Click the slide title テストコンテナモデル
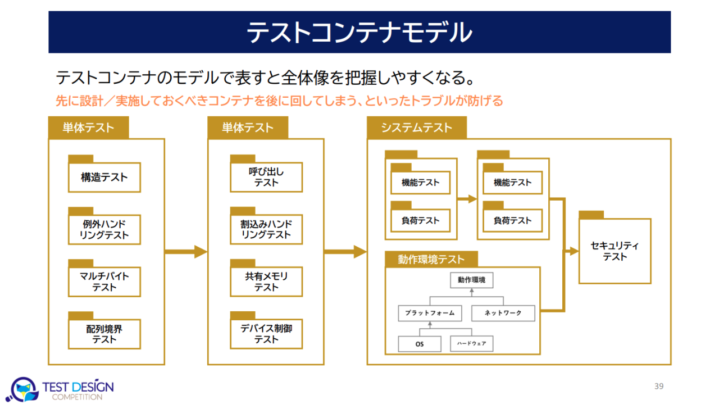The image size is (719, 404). (x=359, y=33)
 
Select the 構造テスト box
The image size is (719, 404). (x=104, y=178)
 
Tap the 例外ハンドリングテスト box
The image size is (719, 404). (x=104, y=230)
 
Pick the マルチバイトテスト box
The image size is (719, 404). (x=104, y=282)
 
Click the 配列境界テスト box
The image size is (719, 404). (x=104, y=334)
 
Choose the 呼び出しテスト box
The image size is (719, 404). (x=266, y=178)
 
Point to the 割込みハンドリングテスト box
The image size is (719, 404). (x=266, y=230)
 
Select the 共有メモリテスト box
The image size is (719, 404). (x=266, y=282)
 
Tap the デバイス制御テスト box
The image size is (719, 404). (x=266, y=334)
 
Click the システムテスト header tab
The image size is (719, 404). (x=416, y=128)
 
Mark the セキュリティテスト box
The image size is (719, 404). (x=615, y=251)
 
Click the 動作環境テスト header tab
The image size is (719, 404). (x=431, y=259)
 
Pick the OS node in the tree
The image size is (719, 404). (x=420, y=344)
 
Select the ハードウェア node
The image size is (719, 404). (x=472, y=344)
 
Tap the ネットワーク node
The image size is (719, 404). (x=503, y=313)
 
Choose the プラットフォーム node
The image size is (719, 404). (x=430, y=313)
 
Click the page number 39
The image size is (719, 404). (x=659, y=386)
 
